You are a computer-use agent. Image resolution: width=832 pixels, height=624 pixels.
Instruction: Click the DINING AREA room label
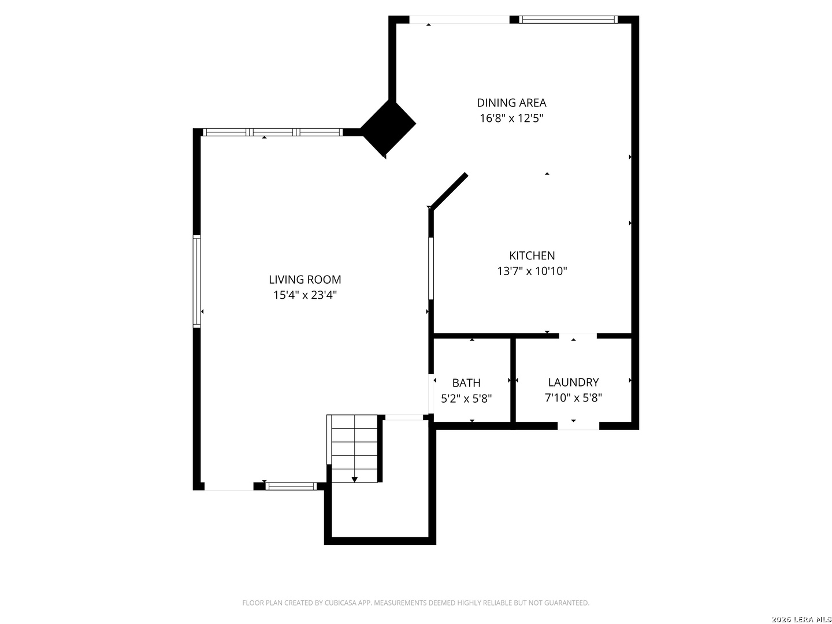pos(511,103)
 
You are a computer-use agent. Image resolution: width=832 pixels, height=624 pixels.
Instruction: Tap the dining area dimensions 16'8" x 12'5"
pos(511,118)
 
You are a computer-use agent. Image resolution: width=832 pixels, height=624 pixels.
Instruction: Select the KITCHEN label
pos(532,256)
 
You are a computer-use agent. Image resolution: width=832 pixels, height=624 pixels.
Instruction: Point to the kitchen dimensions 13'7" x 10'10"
pos(532,272)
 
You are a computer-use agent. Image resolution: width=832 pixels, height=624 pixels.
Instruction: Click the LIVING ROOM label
pos(304,280)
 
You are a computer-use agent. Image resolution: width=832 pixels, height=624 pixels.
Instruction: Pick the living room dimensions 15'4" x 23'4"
pos(304,295)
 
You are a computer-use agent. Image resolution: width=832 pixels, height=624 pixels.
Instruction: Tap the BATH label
pos(466,383)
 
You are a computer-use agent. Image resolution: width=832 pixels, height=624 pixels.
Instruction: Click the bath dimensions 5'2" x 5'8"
pos(466,399)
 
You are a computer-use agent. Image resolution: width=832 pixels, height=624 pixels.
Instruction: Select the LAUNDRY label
pos(573,382)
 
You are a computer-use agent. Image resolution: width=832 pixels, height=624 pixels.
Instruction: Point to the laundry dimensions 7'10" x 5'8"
pos(573,398)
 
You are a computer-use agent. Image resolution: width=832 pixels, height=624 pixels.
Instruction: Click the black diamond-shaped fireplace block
pos(388,128)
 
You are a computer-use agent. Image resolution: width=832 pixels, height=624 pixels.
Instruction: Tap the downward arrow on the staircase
pos(354,480)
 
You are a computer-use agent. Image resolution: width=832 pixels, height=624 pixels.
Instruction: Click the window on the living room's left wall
pos(196,281)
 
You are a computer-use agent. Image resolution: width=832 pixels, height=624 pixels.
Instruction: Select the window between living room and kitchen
pos(430,269)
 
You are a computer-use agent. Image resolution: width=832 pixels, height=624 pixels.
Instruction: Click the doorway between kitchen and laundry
pos(578,336)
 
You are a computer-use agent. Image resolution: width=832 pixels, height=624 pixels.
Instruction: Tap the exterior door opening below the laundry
pos(578,426)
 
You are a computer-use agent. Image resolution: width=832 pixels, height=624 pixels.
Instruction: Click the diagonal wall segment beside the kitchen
pos(448,191)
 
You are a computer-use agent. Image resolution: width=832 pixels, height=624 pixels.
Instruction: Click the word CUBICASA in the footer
pos(340,603)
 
